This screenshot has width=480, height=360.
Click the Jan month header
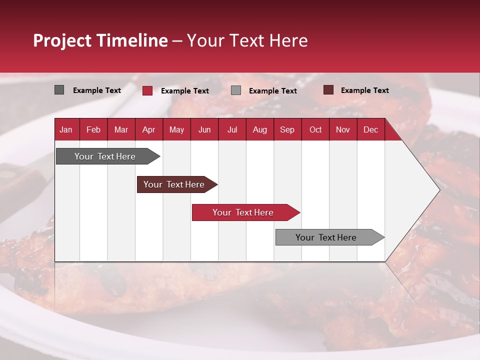coord(66,129)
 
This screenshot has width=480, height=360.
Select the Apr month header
coord(148,129)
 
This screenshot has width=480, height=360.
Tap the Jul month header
coord(232,129)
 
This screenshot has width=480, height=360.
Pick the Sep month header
coord(287,129)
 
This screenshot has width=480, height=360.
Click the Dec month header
coord(370,129)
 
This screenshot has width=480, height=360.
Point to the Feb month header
coord(93,129)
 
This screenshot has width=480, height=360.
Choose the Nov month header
coord(343,129)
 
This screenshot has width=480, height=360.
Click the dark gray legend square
coord(59,90)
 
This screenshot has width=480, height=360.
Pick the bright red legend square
coord(147,90)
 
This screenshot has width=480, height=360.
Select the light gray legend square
coord(236,90)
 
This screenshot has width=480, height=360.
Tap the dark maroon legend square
coord(328,90)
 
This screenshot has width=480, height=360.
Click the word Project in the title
coord(61,40)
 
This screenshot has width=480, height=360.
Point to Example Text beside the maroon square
coord(364,90)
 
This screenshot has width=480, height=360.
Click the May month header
coord(176,129)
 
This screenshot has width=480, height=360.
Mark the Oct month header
coord(315,129)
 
